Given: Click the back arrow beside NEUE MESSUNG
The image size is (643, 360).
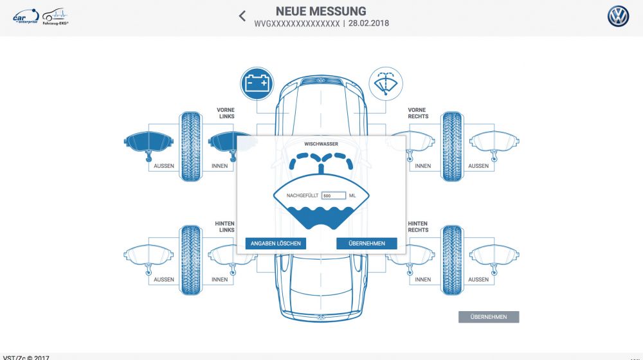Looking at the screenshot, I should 242,16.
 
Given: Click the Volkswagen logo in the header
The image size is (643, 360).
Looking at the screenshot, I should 618,17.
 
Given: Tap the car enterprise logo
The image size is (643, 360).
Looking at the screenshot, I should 26,17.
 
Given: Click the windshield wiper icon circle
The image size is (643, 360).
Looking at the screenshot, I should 385,84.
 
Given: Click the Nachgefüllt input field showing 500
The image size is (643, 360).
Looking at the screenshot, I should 334,195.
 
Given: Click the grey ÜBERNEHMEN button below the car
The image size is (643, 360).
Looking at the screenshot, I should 488,317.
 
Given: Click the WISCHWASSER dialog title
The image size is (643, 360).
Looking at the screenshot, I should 321,144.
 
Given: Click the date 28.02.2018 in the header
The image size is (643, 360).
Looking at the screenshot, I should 368,24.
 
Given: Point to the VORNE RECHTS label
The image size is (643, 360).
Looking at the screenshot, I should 418,113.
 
